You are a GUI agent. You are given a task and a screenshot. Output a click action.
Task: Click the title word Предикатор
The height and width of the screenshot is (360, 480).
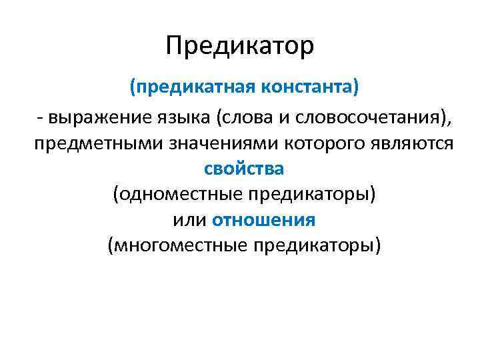239,47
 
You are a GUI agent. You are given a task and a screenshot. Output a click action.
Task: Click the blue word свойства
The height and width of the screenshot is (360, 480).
244,169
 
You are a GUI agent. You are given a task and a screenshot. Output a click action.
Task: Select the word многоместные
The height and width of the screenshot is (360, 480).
177,245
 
